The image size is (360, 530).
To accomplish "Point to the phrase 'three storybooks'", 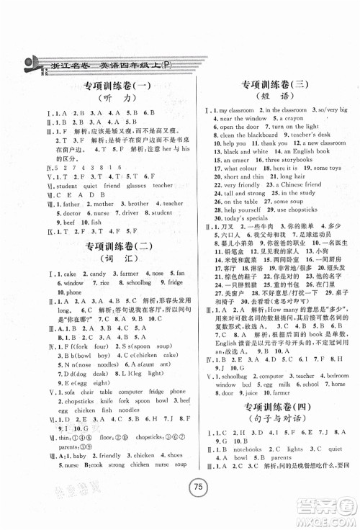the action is coord(282,160).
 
